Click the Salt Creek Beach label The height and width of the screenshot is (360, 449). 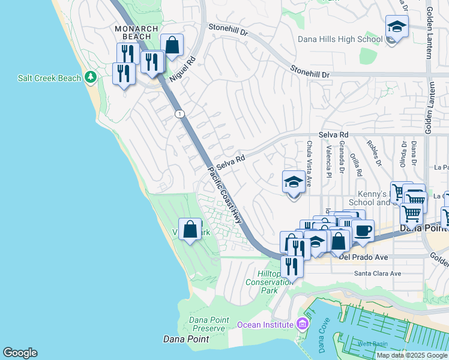pos(49,78)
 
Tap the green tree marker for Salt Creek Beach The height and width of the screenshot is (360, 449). pos(91,77)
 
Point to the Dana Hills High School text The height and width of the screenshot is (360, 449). pos(340,40)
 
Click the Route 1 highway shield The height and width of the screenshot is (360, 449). pos(179,113)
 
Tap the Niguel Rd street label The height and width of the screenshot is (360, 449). pos(183,68)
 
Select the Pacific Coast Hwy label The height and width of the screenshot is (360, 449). pos(225,196)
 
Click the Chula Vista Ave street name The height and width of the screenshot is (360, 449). pos(310,157)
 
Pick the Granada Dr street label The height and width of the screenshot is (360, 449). pos(341,154)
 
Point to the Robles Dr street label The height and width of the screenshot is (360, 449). pos(376,154)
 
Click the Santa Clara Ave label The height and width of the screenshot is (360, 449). pos(378,273)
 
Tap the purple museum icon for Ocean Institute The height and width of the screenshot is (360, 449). pos(302,325)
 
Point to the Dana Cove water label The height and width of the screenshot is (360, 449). pos(323,340)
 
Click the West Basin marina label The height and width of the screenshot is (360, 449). pos(373,344)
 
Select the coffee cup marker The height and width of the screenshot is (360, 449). pos(363,230)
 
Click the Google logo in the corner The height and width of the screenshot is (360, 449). pos(20,353)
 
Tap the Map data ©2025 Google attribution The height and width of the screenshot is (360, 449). pos(411,355)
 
